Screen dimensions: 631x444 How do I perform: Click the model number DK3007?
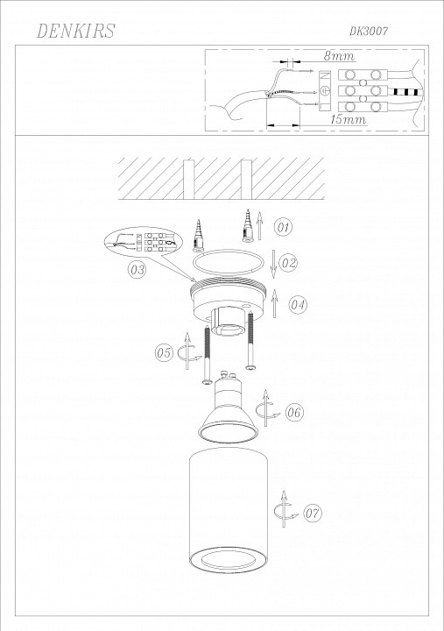[369, 31]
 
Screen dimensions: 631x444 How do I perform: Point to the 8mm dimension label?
[337, 56]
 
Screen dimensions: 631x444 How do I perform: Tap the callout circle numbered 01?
[283, 228]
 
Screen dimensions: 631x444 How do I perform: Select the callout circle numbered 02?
[289, 262]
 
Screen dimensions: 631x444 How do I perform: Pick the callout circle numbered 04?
[298, 305]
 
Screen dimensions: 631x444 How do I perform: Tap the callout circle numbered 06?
[294, 412]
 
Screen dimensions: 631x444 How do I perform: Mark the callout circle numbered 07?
[314, 512]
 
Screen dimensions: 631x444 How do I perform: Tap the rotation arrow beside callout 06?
[269, 409]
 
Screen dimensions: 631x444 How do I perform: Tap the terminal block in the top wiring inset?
[361, 89]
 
